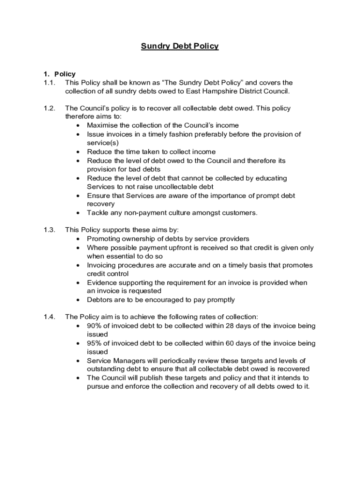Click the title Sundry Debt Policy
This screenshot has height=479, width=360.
click(180, 46)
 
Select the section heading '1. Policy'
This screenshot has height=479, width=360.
click(59, 74)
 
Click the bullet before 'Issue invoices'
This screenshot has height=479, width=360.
click(78, 134)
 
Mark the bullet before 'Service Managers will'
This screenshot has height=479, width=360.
click(78, 361)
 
